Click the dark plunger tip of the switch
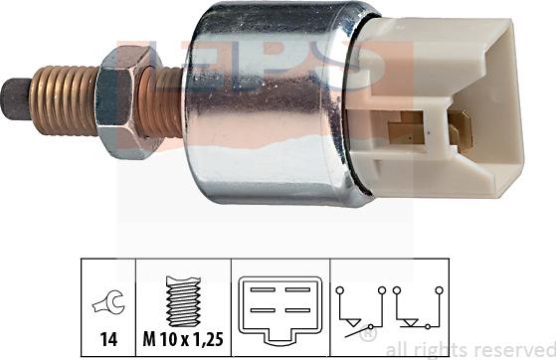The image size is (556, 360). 16,99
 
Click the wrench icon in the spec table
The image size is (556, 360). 108,302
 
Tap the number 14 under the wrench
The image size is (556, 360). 108,339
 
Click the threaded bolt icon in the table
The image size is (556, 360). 183,301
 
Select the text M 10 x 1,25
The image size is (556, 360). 183,339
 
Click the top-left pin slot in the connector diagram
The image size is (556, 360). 263,289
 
